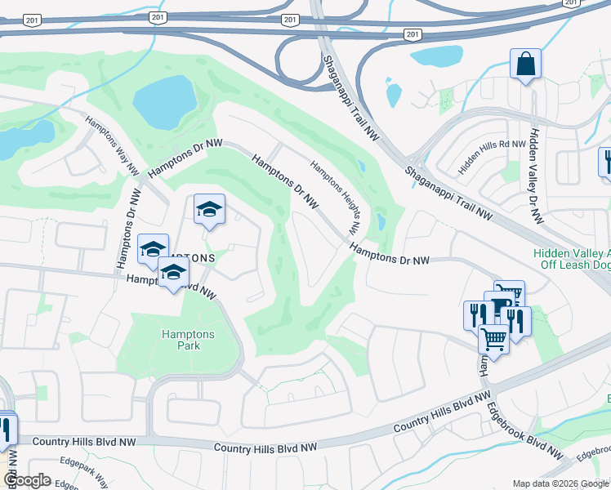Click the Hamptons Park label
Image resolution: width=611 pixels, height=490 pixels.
click(188, 341)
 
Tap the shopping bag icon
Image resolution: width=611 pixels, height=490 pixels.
click(525, 64)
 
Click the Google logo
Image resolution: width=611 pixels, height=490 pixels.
click(26, 480)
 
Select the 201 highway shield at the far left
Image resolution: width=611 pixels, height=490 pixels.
click(30, 20)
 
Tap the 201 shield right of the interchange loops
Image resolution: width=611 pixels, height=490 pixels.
click(413, 33)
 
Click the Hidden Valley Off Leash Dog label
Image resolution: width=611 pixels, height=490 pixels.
click(572, 259)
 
